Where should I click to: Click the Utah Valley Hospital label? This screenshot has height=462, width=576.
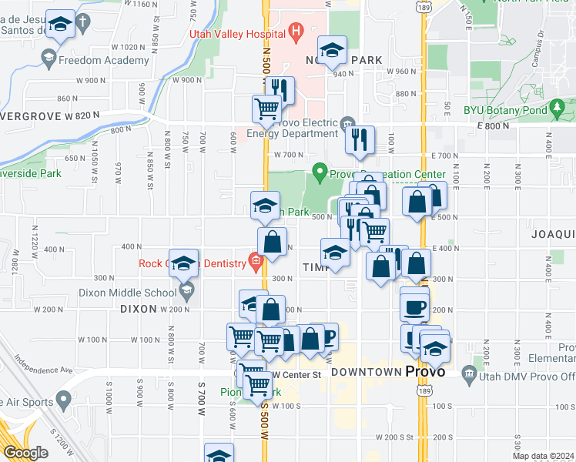click(x=236, y=33)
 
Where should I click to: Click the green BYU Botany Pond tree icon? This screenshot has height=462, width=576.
click(x=556, y=110)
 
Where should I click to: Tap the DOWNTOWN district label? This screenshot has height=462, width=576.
click(x=367, y=372)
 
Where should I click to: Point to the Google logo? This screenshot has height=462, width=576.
click(x=25, y=453)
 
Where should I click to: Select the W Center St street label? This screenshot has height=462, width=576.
click(x=296, y=375)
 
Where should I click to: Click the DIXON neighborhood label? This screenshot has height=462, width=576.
click(x=138, y=309)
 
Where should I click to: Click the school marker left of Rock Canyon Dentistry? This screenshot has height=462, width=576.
click(x=184, y=264)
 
